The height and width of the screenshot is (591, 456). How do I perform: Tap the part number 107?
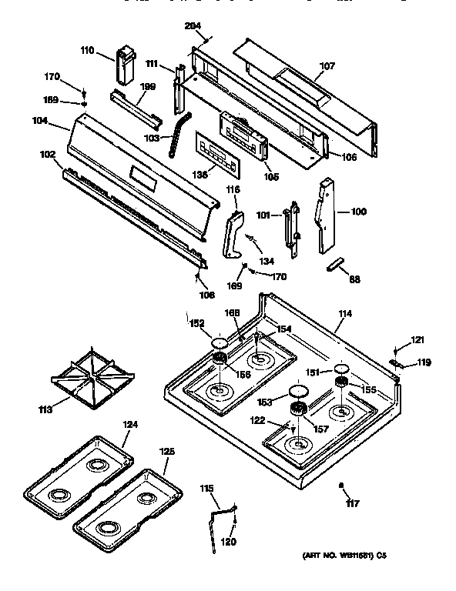tap(327, 66)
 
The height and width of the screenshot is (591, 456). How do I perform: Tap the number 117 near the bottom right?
tap(352, 504)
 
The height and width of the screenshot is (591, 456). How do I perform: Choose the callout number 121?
tap(417, 339)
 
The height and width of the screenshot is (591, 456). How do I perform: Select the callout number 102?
tap(48, 154)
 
